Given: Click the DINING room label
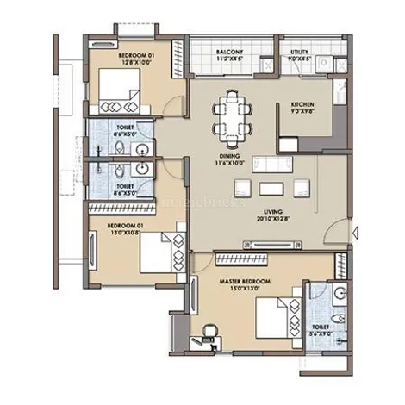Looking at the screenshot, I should (216, 156).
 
